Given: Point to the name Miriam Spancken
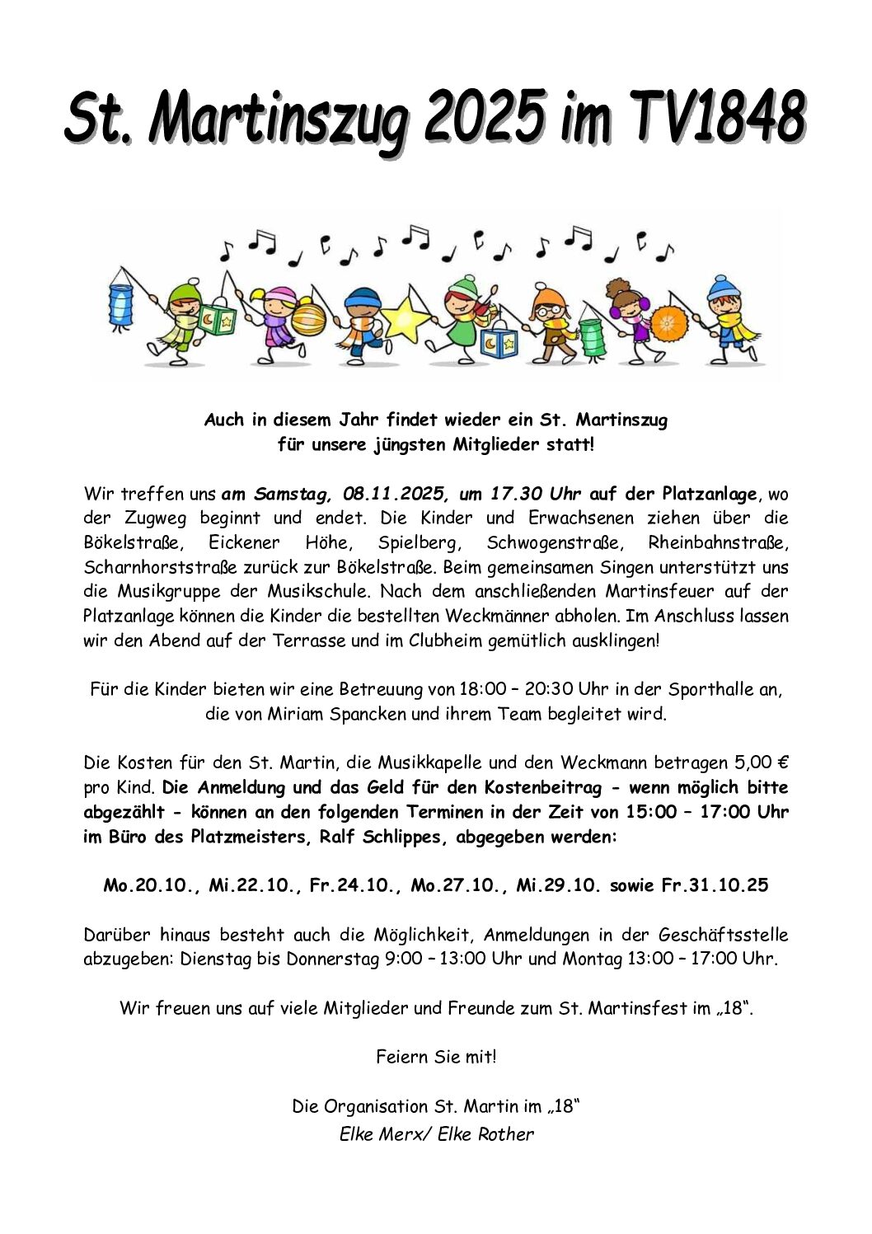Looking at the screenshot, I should (336, 714).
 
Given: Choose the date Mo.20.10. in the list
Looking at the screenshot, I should (152, 885).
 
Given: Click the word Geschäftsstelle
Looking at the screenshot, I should (723, 935).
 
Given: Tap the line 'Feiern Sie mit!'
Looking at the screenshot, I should (436, 1056).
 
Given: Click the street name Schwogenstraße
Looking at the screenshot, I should (548, 543).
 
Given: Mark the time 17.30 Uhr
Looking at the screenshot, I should (536, 494).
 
